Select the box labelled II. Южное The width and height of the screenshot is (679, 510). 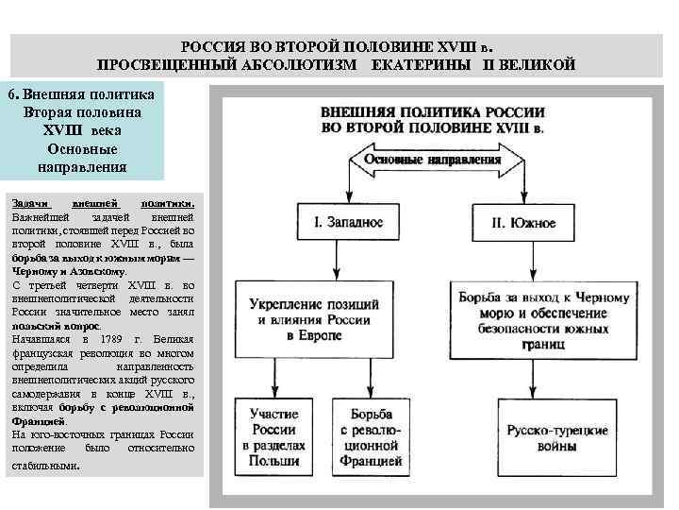[522, 224]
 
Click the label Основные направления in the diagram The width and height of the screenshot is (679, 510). [433, 161]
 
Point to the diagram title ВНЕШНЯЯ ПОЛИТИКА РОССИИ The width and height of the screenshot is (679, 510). [433, 111]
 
